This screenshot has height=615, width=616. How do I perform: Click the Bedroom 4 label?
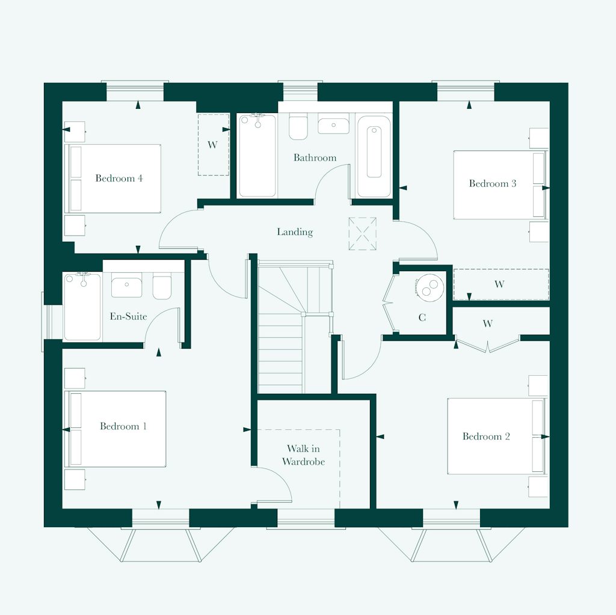pyautogui.click(x=119, y=179)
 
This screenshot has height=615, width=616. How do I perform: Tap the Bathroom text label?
pyautogui.click(x=315, y=158)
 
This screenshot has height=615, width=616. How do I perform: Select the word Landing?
pyautogui.click(x=295, y=232)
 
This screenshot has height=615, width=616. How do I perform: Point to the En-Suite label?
pyautogui.click(x=128, y=316)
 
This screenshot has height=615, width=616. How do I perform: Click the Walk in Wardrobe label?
pyautogui.click(x=303, y=454)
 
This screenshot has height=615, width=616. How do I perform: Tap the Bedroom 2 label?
pyautogui.click(x=486, y=436)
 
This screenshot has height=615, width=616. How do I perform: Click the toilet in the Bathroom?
pyautogui.click(x=298, y=126)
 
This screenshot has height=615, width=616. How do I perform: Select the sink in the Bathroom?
pyautogui.click(x=333, y=123)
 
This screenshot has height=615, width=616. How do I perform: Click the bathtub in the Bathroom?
pyautogui.click(x=374, y=156)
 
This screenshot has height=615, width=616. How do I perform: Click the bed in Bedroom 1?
pyautogui.click(x=115, y=429)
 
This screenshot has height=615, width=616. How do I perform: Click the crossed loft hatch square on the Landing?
pyautogui.click(x=363, y=234)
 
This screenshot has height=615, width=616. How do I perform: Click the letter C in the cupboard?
pyautogui.click(x=422, y=317)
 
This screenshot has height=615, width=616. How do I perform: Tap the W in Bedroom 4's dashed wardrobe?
pyautogui.click(x=212, y=145)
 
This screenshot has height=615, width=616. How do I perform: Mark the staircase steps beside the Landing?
pyautogui.click(x=295, y=328)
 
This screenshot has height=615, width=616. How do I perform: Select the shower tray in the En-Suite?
pyautogui.click(x=82, y=307)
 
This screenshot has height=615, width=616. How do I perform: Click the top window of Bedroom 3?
pyautogui.click(x=466, y=91)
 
